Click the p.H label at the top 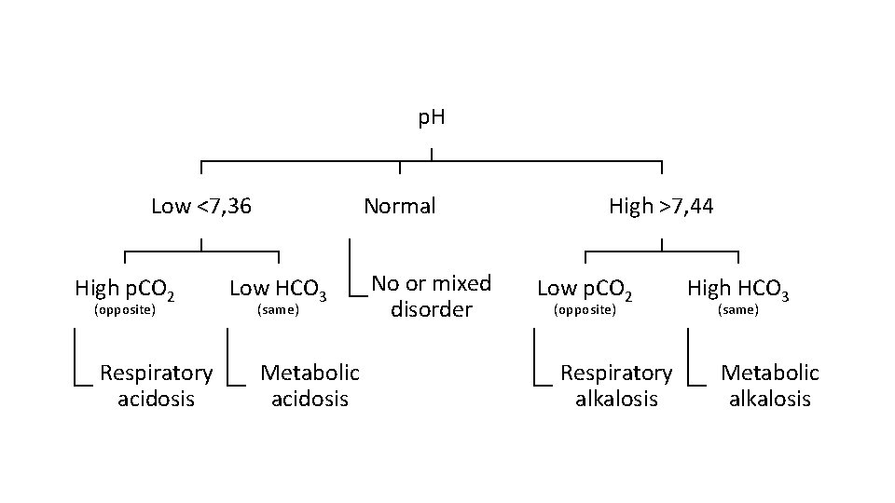(x=431, y=118)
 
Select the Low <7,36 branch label (x=200, y=206)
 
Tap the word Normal (x=399, y=206)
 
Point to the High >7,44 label (x=661, y=206)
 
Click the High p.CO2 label (x=126, y=290)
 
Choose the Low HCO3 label (x=278, y=292)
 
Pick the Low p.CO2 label (x=585, y=290)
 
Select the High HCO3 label (x=738, y=290)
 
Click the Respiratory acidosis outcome (x=156, y=386)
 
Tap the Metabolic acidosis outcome (x=310, y=386)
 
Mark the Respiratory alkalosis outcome (x=615, y=386)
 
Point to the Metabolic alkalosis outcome (x=770, y=386)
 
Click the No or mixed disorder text (x=431, y=296)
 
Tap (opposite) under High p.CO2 (x=126, y=310)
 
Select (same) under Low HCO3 (x=278, y=310)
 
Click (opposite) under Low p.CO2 (x=585, y=310)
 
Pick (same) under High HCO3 (x=738, y=310)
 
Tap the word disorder (x=431, y=309)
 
